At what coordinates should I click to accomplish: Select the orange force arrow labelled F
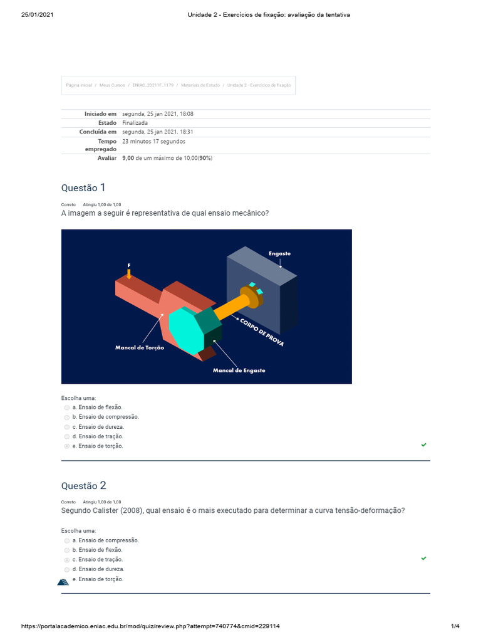[129, 273]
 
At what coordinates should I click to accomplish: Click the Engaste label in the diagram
[279, 253]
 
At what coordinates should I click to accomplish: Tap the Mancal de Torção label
[140, 347]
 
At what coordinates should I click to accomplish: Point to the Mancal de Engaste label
[239, 370]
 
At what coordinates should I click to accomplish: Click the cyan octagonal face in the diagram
[186, 330]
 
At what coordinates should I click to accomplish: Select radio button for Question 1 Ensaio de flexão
[67, 408]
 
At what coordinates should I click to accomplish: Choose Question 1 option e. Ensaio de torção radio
[67, 446]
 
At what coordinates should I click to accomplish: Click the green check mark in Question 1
[424, 445]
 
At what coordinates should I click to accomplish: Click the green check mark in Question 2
[424, 558]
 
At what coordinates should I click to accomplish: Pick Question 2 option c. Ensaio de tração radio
[67, 560]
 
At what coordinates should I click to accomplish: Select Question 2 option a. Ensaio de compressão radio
[67, 540]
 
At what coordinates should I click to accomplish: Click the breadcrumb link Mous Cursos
[112, 85]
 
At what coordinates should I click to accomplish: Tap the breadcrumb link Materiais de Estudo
[200, 85]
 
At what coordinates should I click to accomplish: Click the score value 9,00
[128, 158]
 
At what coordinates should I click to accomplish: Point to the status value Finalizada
[135, 123]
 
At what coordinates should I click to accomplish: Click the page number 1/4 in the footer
[455, 626]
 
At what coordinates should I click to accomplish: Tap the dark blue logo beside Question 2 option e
[63, 581]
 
